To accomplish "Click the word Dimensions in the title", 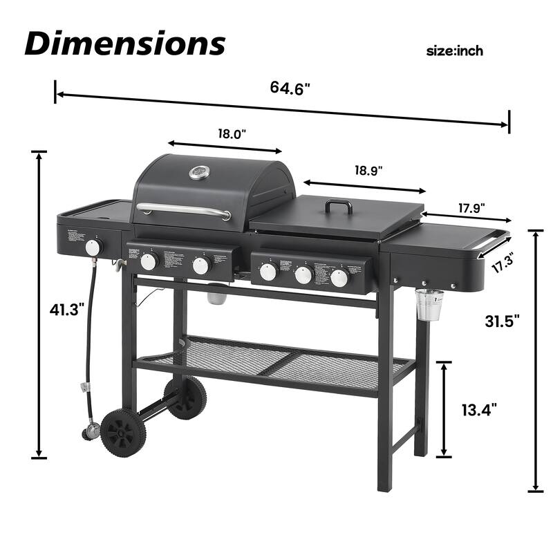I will tap(125, 43).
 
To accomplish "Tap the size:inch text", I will tap(454, 50).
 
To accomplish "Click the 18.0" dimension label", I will tap(232, 134).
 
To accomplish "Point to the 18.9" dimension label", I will tap(368, 169).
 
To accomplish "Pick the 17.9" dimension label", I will tap(472, 207).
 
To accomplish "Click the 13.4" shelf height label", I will tap(478, 410).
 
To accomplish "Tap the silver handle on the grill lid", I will tap(183, 210).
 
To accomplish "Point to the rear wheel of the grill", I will tap(185, 397).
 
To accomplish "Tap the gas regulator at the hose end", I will tap(90, 433).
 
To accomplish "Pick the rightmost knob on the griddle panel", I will tap(339, 278).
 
